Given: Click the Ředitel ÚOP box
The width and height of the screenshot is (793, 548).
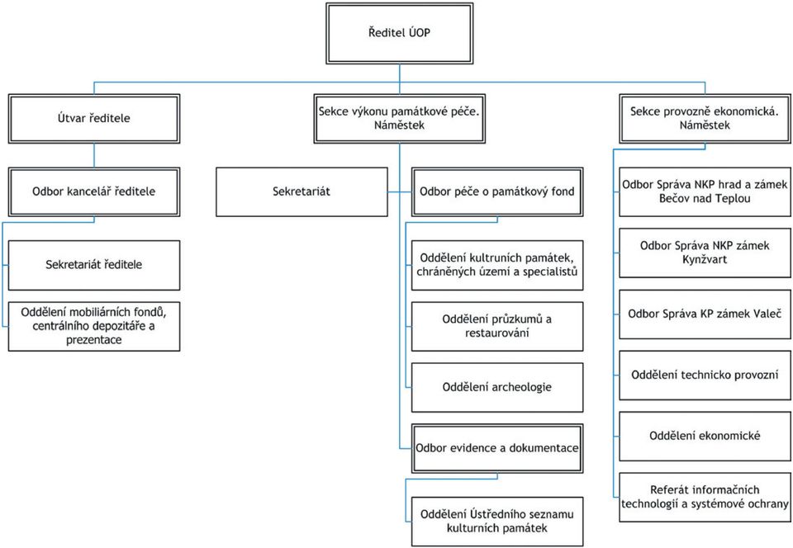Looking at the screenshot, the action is click(400, 33).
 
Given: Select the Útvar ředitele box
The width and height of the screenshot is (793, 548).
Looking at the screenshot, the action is click(94, 119).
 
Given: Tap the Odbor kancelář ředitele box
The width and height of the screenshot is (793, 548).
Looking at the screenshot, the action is click(94, 192).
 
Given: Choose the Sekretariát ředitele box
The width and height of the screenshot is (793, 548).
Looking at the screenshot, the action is click(94, 265).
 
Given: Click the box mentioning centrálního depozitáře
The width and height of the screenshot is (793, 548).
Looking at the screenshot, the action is click(94, 326).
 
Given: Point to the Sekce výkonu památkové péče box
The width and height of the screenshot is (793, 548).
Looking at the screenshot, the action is click(400, 119).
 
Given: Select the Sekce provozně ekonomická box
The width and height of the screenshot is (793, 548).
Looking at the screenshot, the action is click(705, 119).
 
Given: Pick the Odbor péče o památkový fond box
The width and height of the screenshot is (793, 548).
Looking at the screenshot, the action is click(497, 192).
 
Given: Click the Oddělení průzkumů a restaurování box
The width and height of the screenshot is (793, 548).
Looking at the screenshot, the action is click(497, 326).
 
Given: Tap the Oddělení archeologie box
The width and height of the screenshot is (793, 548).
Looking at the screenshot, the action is click(497, 387).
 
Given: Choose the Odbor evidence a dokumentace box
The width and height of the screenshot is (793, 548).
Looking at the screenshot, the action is click(497, 448).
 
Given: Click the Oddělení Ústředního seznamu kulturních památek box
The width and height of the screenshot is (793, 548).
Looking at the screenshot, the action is click(497, 522).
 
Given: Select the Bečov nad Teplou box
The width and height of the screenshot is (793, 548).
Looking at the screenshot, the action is click(705, 192).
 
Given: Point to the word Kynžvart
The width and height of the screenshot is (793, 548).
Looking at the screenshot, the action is click(705, 260).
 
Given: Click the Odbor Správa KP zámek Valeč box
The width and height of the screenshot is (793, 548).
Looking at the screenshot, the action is click(705, 314).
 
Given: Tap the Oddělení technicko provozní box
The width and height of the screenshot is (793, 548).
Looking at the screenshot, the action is click(705, 376).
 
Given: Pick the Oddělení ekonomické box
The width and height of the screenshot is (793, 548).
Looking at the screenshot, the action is click(705, 437).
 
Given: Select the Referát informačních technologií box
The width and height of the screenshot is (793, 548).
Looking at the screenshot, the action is click(705, 497).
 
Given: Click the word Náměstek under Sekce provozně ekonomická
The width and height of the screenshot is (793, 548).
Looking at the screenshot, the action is click(705, 125).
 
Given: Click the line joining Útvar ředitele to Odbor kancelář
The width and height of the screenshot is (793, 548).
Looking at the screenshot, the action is click(94, 155).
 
